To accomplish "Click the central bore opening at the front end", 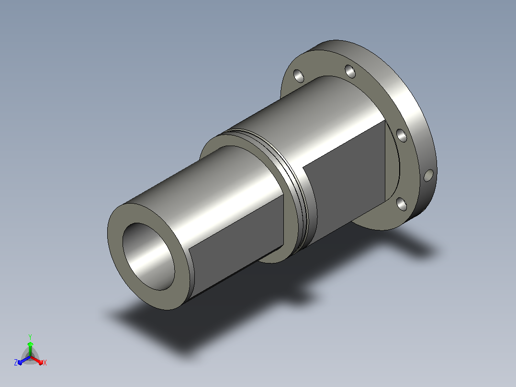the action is [148, 256].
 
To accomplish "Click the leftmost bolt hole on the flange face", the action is [299, 76].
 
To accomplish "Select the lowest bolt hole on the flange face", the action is [402, 204].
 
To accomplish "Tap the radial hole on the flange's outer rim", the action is [428, 176].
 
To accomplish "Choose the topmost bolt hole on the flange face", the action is [350, 71].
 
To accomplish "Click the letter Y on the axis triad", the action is [30, 337].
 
